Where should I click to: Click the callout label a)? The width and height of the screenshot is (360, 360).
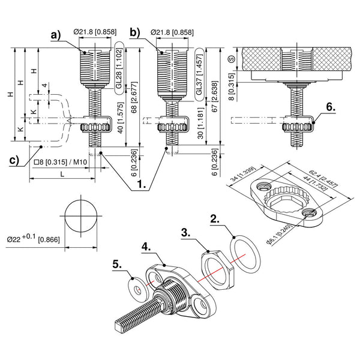(56, 35)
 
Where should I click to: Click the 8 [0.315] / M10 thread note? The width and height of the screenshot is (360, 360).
(59, 163)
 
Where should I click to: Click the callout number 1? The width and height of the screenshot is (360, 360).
(142, 186)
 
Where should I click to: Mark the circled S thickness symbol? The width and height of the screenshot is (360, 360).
(232, 59)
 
